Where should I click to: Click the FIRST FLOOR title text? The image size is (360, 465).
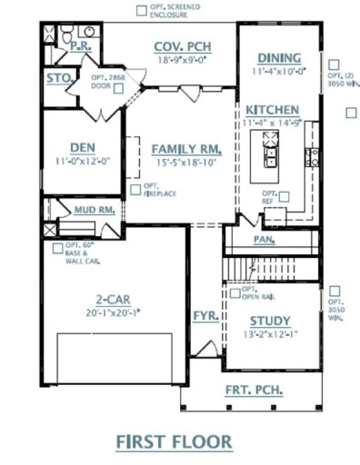174,442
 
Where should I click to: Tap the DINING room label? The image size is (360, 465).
278,57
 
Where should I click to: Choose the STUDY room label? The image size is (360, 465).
269,321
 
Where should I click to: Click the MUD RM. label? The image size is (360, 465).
94,210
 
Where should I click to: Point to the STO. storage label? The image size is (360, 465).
59,78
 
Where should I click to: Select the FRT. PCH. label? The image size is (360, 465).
254,391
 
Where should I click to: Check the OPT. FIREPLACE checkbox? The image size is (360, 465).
135,189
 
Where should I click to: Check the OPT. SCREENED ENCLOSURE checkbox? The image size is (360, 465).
139,10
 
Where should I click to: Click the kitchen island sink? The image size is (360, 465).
270,140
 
